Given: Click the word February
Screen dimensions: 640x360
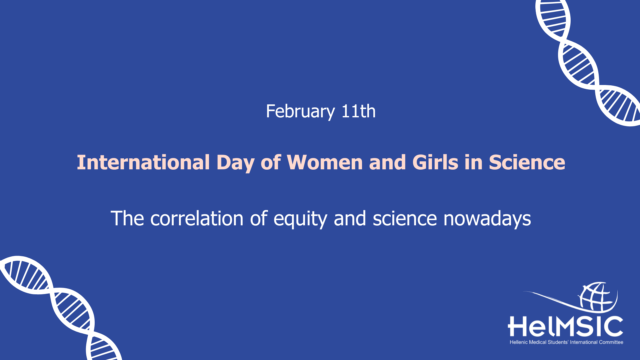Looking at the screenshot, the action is pos(300,112).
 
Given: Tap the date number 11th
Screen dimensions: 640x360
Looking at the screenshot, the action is pos(359,111).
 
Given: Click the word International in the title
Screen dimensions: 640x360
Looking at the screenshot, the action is pos(143,162).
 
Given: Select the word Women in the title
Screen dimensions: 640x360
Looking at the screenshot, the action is pos(325,162).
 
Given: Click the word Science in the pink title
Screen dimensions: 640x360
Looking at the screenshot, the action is pos(527,162).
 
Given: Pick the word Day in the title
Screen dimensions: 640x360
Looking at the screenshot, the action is pos(235,163).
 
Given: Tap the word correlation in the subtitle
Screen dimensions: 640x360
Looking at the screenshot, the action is pos(197,219).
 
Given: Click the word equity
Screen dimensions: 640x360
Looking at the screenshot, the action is pos(300,220).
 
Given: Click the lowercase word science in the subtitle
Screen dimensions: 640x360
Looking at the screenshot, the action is pos(405,219).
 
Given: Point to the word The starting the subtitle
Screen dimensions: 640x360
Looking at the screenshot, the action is pos(127,219).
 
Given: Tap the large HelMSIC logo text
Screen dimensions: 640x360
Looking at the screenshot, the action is pos(565,326).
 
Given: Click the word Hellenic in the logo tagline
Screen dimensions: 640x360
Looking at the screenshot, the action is pos(519,342).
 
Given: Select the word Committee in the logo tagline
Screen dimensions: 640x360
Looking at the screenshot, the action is pos(611,342).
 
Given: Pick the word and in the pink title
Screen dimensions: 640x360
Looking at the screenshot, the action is pos(387,162).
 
